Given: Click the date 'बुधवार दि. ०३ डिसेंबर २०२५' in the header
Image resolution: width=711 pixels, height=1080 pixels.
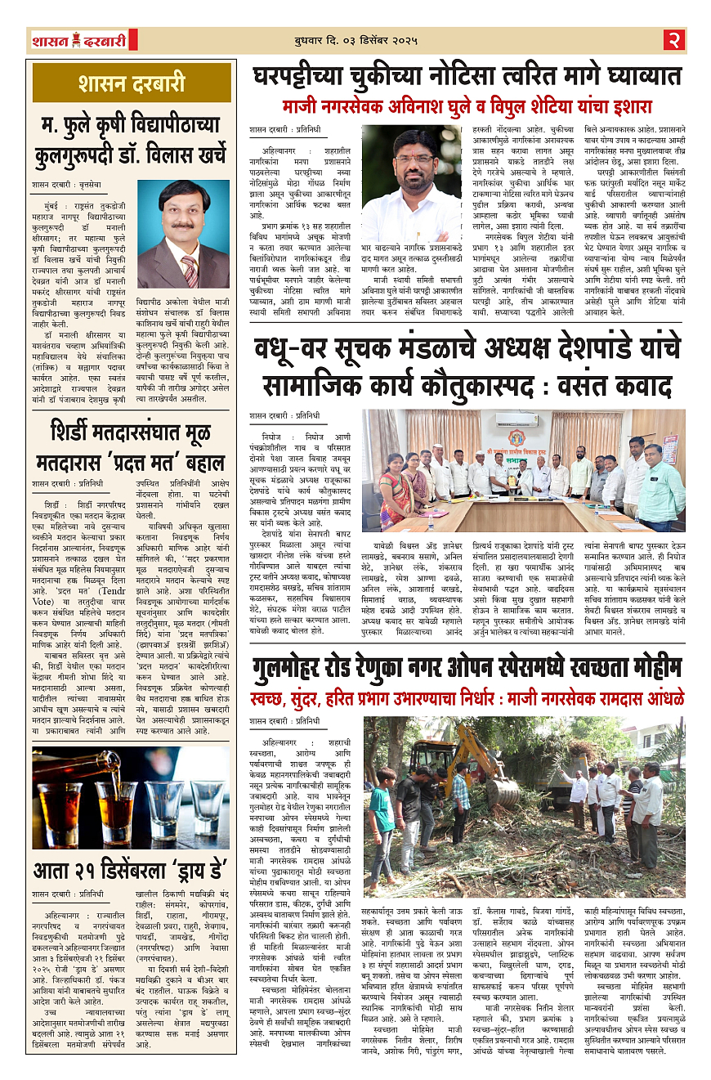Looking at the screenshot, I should (355, 40).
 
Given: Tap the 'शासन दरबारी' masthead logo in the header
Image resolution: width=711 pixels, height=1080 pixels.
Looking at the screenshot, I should (78, 40).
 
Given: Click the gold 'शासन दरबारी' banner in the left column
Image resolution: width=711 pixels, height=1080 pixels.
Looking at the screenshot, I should (132, 83).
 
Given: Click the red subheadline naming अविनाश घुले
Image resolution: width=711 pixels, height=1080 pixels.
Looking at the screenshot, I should (467, 107).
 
